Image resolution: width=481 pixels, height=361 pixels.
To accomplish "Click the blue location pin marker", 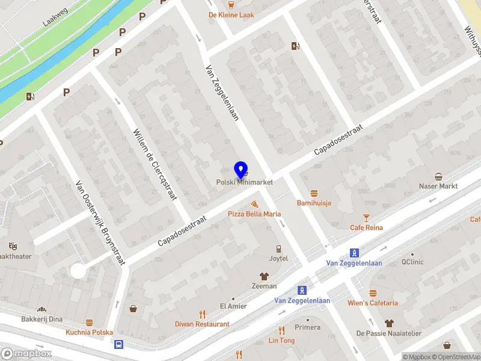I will point(241,169).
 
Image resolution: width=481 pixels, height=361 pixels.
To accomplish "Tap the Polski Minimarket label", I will point(245,182).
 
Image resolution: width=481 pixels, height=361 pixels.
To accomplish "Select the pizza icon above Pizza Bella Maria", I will point(254,204).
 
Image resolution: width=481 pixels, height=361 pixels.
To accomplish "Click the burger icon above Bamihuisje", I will point(314,193).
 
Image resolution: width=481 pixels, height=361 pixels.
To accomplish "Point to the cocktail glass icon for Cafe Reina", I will point(366,217).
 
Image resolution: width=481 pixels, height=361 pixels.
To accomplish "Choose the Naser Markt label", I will point(438,186).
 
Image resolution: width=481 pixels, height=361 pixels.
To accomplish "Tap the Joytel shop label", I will point(278,258).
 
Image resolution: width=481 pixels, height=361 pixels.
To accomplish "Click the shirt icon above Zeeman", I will point(264,276).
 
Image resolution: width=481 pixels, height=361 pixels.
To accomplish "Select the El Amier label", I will point(233,306).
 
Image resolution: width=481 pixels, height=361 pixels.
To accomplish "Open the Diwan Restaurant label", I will point(202,324).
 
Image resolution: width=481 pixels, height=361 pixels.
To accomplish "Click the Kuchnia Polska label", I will point(90,332).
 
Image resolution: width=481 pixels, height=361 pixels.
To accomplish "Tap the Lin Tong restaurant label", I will point(281,340).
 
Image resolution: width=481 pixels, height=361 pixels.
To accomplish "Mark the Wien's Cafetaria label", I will point(373,303).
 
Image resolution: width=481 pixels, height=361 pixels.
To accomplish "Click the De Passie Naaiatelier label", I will point(389,333).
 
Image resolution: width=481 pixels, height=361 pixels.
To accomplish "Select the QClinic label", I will point(413,262).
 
